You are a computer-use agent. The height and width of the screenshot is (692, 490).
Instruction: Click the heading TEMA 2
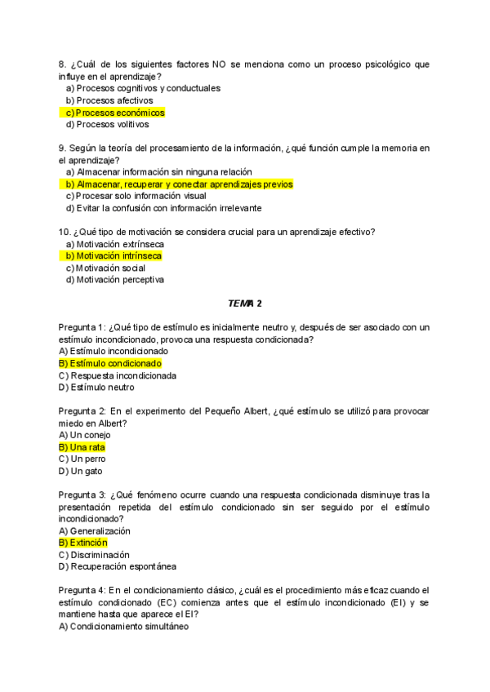click(x=245, y=304)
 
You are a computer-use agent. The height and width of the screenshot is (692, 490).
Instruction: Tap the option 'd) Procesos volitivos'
click(x=107, y=125)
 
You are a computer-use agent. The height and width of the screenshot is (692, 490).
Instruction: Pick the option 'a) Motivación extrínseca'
click(x=114, y=244)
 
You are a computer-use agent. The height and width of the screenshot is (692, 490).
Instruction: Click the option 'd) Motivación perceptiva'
click(x=114, y=280)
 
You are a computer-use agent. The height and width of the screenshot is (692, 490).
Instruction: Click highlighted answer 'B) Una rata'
click(x=82, y=447)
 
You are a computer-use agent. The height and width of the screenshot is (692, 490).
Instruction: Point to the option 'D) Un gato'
click(x=81, y=471)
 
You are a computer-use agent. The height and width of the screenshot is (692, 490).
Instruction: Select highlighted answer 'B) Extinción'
click(x=82, y=543)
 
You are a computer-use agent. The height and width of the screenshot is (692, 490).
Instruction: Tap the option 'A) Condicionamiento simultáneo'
click(x=123, y=627)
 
